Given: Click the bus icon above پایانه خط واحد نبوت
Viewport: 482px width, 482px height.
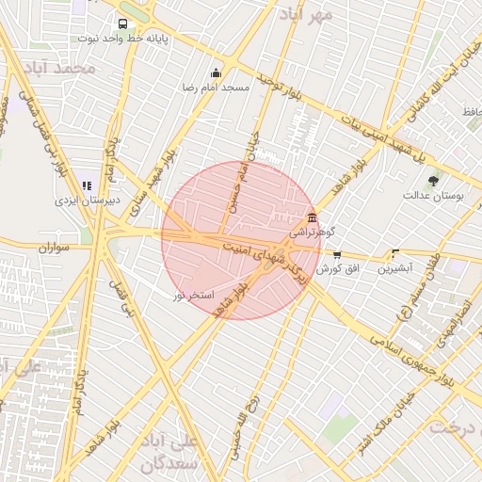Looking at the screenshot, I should pos(122,24).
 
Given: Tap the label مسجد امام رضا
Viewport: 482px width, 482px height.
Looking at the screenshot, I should pos(217,87).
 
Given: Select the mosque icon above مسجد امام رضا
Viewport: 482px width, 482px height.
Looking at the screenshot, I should pos(217,73).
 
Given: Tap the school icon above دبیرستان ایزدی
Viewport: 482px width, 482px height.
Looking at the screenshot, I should pos(88,186).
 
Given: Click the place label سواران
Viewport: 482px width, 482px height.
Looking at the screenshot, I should pos(56,248).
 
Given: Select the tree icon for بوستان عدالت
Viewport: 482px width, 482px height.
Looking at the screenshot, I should pos(433,181).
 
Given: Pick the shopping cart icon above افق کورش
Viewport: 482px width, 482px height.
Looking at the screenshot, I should pos(337,255).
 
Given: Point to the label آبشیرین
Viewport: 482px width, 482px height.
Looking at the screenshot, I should pos(395,268).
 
